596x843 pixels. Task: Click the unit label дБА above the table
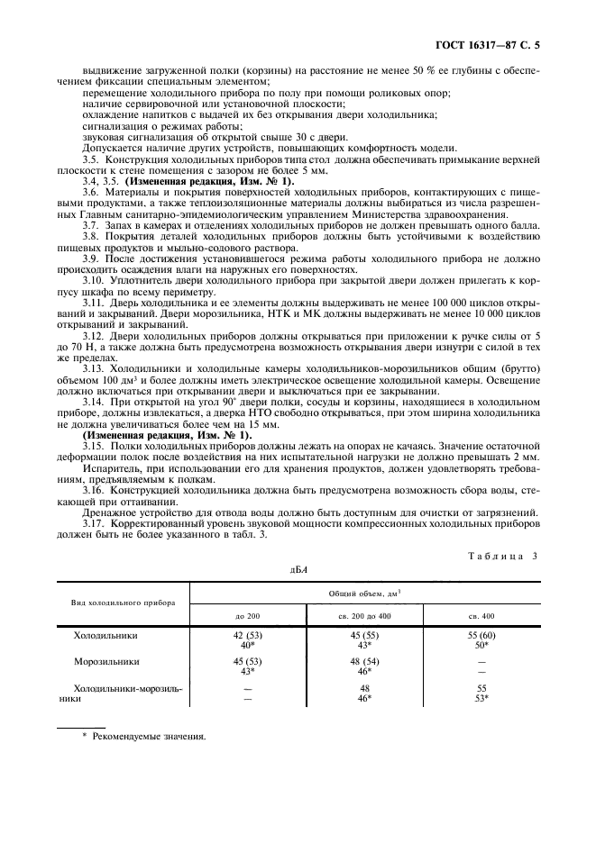tap(298, 570)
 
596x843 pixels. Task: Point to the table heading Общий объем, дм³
tap(365, 594)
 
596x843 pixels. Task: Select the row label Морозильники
tap(108, 661)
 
